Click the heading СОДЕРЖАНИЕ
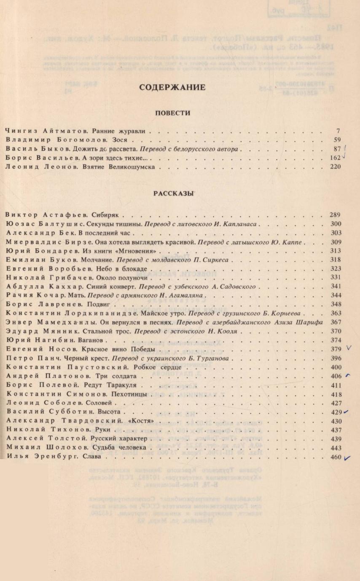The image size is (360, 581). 172,88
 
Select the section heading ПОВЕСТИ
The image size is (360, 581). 173,113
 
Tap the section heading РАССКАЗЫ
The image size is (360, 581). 173,193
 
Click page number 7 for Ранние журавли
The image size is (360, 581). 338,131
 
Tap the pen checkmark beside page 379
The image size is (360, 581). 349,348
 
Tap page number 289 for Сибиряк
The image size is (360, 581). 336,215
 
